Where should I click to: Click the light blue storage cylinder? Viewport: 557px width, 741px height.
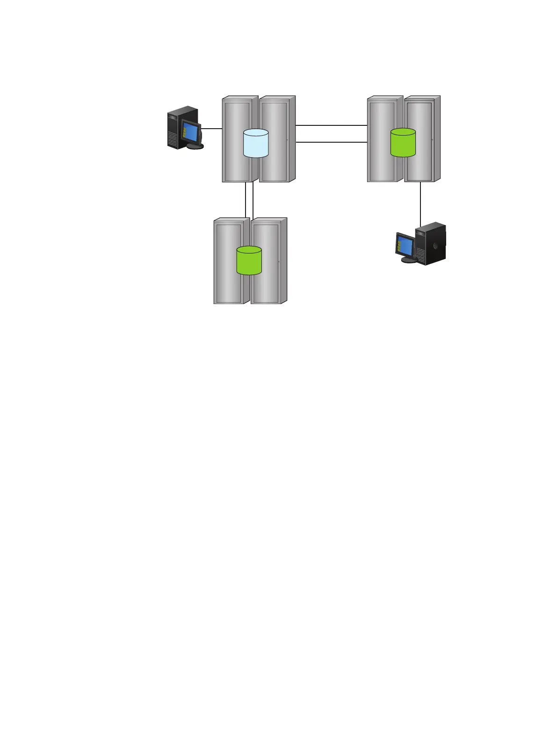(256, 143)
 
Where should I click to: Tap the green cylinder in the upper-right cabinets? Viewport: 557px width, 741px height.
(403, 143)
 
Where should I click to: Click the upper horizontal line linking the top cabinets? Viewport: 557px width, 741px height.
(331, 125)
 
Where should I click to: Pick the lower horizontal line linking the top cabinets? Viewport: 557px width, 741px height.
(331, 142)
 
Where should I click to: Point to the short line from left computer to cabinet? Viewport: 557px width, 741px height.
(211, 129)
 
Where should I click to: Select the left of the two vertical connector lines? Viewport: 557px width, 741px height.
(246, 200)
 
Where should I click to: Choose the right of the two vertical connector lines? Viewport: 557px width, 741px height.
(253, 200)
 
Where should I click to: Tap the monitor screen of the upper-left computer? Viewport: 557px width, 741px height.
(190, 131)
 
